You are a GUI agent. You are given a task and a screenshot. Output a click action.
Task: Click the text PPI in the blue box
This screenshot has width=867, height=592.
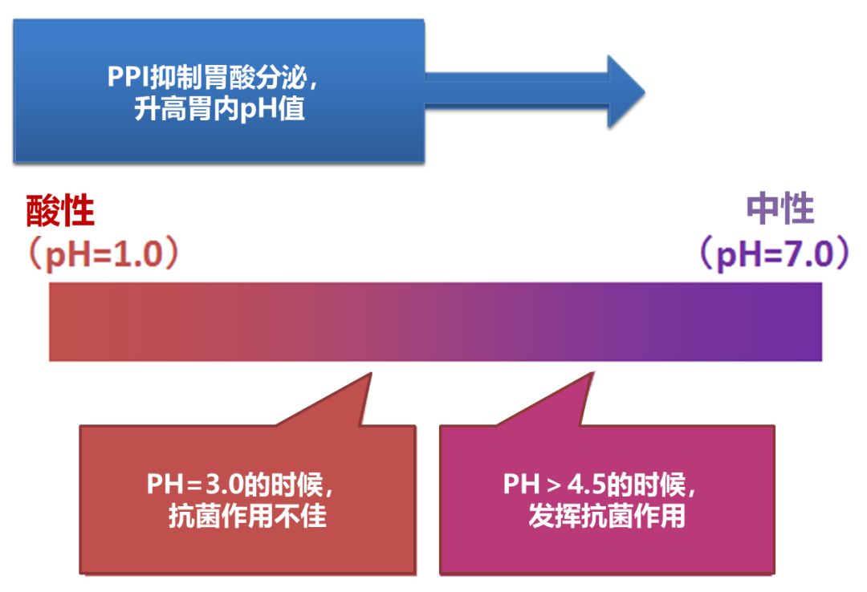[127, 78]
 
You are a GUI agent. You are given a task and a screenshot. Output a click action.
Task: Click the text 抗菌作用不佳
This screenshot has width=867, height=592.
[247, 516]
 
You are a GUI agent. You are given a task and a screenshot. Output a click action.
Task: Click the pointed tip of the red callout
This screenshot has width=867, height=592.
[370, 374]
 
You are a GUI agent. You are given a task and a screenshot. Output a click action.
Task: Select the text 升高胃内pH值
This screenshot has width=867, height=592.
[219, 108]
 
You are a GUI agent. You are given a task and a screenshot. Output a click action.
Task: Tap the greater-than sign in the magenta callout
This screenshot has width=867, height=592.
[555, 485]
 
